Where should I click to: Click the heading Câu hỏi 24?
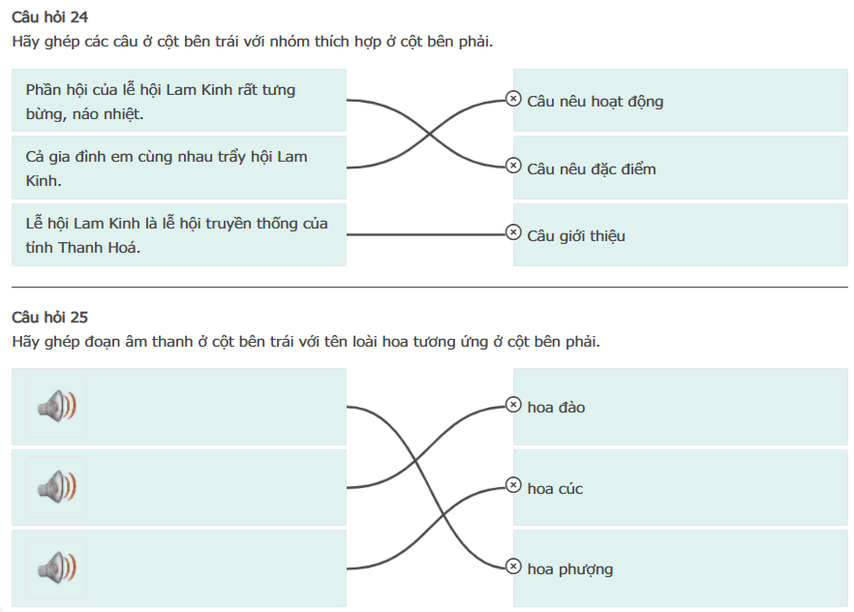tap(49, 17)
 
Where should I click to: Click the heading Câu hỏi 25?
tap(49, 318)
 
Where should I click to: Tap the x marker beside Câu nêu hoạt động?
tap(513, 99)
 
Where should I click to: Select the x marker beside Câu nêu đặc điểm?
tap(513, 166)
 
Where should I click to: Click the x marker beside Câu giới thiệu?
tap(513, 232)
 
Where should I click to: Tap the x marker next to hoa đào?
tap(513, 405)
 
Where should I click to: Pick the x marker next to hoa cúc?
tap(513, 485)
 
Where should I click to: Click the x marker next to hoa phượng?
tap(513, 566)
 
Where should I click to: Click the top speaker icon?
tap(56, 406)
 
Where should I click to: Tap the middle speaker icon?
tap(56, 487)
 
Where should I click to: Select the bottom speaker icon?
tap(56, 567)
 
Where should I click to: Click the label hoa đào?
tap(556, 408)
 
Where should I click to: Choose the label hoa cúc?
tap(555, 488)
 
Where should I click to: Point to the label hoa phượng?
tap(570, 569)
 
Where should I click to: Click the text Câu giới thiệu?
tap(576, 235)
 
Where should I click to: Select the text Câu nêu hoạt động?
tap(595, 102)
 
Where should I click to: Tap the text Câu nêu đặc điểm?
tap(592, 168)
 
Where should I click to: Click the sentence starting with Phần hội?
tap(161, 102)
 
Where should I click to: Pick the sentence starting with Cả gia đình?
tap(167, 168)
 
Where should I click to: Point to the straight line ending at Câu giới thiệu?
tap(426, 234)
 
